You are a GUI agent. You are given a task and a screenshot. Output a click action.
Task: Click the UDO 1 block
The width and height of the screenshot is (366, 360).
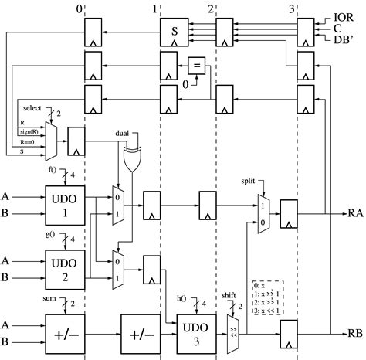click(65, 203)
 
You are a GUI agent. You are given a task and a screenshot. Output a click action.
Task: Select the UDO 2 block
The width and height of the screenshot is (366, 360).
click(65, 267)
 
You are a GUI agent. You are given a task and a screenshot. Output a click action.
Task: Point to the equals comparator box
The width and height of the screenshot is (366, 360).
click(197, 66)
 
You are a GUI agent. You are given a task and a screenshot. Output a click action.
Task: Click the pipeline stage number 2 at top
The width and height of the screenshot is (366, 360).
click(211, 8)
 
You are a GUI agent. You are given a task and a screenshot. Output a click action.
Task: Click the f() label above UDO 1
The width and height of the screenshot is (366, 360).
click(52, 169)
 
